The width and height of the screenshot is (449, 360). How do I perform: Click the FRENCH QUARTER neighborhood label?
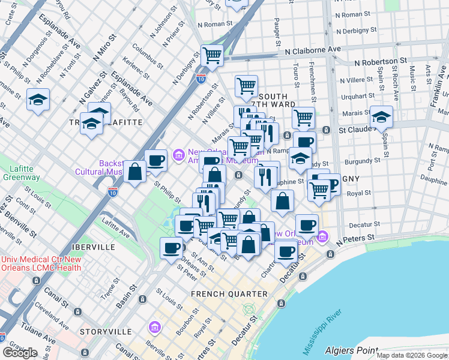point(229,294)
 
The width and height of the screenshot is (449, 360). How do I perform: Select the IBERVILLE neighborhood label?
point(89,247)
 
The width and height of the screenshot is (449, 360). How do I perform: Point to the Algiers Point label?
point(351,350)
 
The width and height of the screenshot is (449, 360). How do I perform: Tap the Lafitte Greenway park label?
point(20,173)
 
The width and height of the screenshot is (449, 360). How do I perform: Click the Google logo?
point(20,353)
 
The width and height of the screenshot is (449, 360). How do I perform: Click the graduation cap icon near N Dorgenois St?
point(38,100)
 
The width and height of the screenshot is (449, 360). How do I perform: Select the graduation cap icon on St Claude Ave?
point(381,116)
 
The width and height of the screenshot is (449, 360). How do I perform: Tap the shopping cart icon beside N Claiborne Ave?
point(212,56)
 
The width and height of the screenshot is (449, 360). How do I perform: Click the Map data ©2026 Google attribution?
point(412,355)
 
